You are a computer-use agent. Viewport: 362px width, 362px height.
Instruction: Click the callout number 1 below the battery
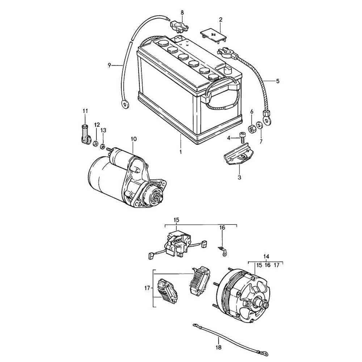[x=180, y=152]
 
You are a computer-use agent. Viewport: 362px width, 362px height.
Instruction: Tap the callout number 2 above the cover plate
[x=220, y=19]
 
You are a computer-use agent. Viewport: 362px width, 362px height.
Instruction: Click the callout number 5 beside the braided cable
[x=278, y=81]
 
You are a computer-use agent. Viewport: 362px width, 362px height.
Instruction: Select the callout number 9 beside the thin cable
[x=109, y=65]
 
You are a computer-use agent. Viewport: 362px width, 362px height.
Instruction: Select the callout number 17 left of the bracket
[x=147, y=288]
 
